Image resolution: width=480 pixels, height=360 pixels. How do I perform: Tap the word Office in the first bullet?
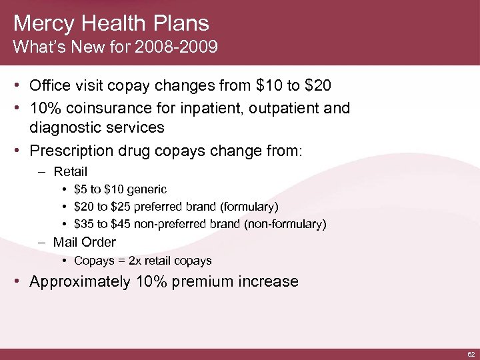(x=50, y=87)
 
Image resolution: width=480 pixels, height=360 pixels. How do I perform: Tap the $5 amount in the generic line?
(x=81, y=190)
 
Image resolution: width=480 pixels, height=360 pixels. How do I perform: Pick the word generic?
(x=145, y=190)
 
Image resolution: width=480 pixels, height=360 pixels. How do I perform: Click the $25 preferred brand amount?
(x=122, y=207)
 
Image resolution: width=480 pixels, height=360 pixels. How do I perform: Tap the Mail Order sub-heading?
(x=85, y=242)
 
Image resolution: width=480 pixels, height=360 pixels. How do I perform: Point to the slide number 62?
(x=471, y=353)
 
